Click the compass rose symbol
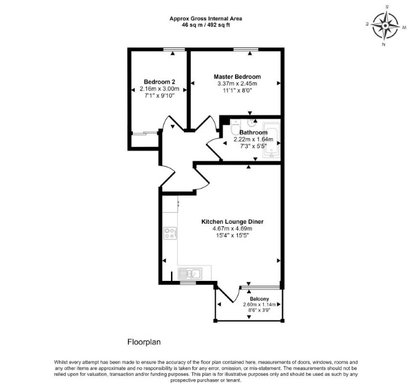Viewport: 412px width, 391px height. coord(386,26)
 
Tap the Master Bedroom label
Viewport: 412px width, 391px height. coord(237,77)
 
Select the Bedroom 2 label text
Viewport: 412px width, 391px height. coord(159,82)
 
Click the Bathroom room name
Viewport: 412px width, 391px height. coord(253,132)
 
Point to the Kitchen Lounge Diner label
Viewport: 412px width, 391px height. coord(232,222)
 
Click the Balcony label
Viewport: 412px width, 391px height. coord(259,299)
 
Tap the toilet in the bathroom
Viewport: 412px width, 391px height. coord(235,127)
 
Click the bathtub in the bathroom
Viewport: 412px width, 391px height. coord(271,140)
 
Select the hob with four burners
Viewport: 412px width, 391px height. coord(170,234)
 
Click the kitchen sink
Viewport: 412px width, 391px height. coord(190,274)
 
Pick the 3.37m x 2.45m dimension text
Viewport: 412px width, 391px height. coord(237,84)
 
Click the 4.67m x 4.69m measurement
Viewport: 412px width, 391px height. coord(232,229)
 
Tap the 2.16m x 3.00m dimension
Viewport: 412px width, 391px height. coord(159,89)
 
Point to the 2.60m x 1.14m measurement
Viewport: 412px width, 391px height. coord(259,304)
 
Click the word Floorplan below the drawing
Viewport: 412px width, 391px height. coord(144,342)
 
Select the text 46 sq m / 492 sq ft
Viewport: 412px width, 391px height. coord(206,25)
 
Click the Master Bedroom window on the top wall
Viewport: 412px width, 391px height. coord(246,49)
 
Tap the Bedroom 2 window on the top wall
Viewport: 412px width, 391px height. coord(174,49)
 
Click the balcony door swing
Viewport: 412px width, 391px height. coord(229,294)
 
